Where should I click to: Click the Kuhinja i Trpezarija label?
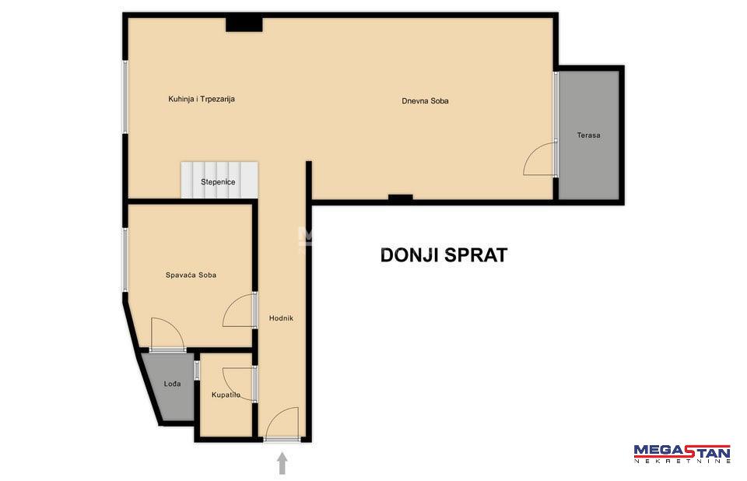coord(202,99)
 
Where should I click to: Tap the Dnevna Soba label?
coord(425,101)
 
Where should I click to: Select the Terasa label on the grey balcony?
coord(588,135)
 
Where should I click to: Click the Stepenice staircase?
coord(219,181)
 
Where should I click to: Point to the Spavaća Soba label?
coord(191,275)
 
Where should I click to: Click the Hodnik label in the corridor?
coord(281,318)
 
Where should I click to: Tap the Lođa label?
coord(172,383)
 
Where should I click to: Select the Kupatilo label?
coord(226,395)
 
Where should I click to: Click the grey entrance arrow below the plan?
coord(282,463)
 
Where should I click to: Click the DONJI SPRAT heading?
coord(444,255)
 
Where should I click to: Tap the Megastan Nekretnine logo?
coord(682,453)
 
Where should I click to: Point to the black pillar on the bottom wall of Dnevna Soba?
coord(400,198)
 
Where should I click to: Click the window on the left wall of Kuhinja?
coord(125,97)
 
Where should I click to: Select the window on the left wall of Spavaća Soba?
coord(125,260)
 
